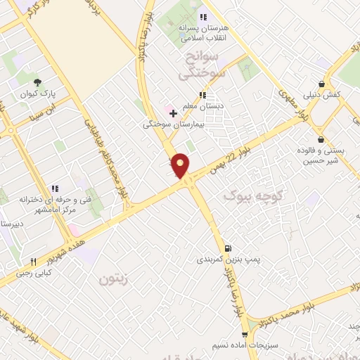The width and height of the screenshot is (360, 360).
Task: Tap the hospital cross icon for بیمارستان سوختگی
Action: coord(173,112)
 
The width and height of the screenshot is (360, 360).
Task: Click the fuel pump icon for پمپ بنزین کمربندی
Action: coord(227,248)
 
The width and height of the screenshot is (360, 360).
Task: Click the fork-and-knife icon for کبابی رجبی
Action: coord(32,262)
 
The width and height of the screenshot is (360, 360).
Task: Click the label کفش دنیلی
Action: coord(322,94)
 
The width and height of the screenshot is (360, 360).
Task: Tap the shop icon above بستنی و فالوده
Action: coord(321,139)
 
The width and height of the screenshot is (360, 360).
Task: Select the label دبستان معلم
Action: coord(202,106)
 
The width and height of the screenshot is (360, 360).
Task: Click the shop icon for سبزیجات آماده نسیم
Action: coord(245,335)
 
